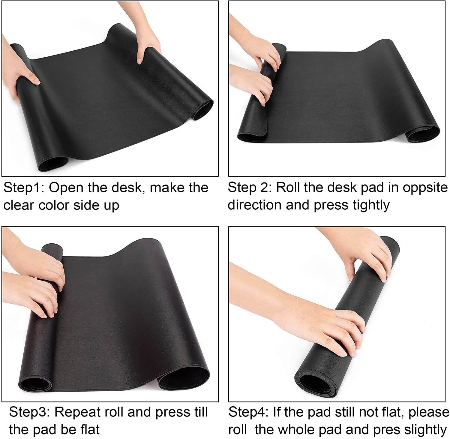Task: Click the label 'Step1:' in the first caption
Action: (23, 188)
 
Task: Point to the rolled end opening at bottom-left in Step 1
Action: (52, 162)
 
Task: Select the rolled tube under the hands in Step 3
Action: (52, 249)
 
